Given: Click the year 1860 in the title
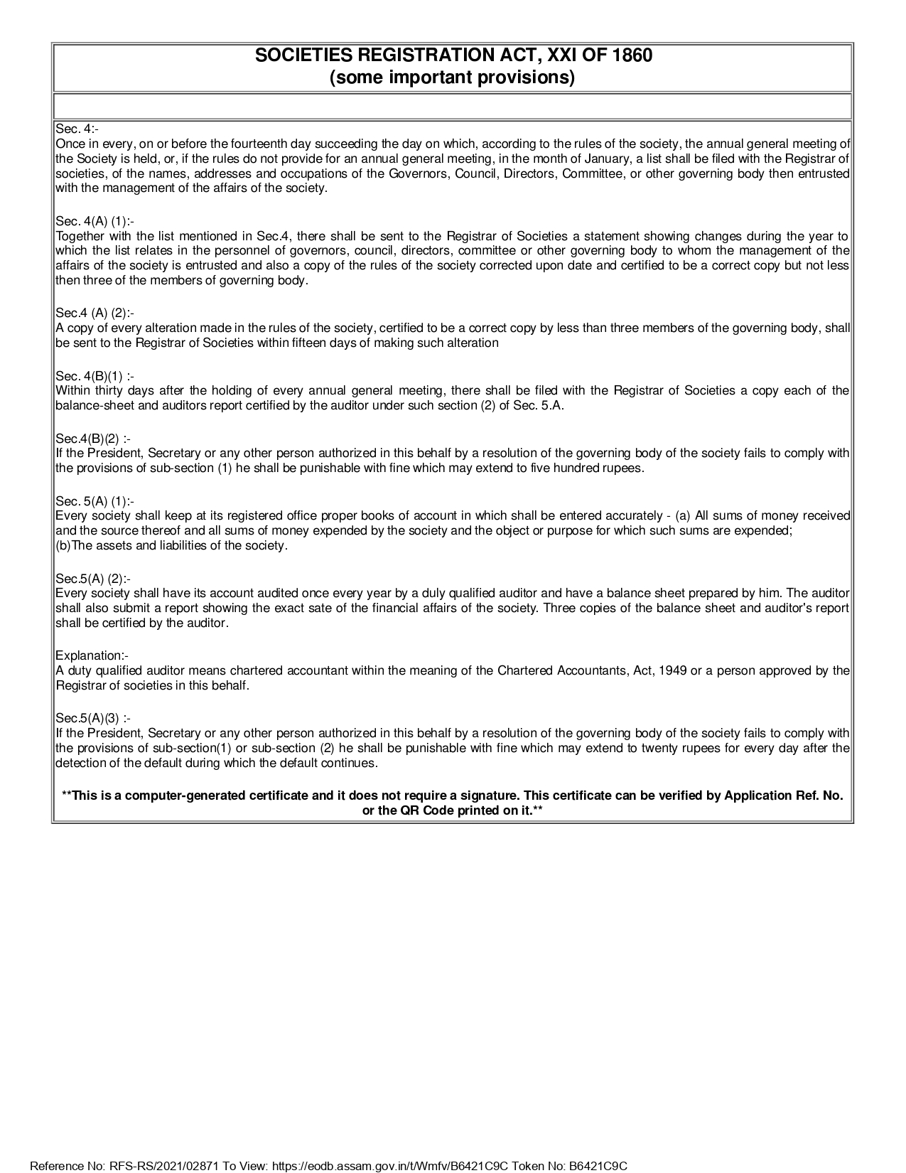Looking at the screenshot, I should point(631,55).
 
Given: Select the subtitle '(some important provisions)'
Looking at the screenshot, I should point(452,77).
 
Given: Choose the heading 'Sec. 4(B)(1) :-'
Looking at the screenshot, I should point(95,375).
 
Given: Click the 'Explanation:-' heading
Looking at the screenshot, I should point(92,655).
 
